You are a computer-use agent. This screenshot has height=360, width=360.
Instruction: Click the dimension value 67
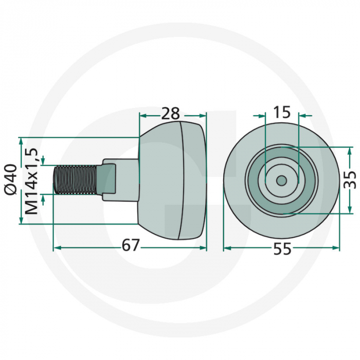(x=131, y=246)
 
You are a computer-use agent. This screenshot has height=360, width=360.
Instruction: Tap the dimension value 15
(x=282, y=112)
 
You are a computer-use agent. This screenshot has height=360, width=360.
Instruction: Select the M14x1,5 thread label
(x=31, y=181)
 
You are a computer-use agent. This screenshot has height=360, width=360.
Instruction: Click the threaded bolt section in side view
(x=75, y=180)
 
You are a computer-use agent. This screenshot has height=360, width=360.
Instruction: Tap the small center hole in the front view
(x=281, y=181)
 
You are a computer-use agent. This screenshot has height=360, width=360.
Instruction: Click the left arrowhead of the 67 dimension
(x=57, y=247)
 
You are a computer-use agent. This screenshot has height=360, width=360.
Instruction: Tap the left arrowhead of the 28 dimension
(x=143, y=115)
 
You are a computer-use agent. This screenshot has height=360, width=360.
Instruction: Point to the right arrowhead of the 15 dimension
(x=302, y=115)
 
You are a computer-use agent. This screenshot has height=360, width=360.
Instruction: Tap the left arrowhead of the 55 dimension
(x=227, y=247)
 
